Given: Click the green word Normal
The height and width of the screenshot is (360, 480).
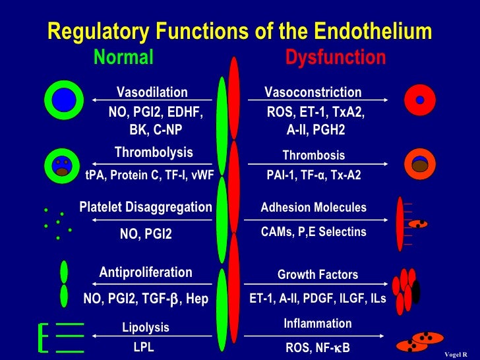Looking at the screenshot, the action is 123,58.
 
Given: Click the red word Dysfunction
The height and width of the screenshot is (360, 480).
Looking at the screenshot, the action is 335,58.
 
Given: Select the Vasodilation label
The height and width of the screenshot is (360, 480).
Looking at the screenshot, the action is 152,92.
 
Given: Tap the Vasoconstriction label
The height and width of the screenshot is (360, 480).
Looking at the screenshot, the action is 313,92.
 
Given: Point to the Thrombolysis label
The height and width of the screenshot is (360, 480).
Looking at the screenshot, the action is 154,152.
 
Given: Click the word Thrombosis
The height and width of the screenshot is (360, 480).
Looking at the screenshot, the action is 313,156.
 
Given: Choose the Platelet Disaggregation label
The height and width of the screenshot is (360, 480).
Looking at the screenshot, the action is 146,207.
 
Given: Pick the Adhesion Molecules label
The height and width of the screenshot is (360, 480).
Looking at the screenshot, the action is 313,208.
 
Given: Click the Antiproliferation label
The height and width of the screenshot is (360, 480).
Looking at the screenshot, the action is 146,272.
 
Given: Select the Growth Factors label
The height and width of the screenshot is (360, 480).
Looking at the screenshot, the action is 318,275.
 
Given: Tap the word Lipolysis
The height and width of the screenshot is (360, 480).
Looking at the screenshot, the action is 146,327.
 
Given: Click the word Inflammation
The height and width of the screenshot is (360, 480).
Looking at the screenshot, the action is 317,324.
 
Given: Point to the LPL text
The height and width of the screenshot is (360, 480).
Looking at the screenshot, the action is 144,347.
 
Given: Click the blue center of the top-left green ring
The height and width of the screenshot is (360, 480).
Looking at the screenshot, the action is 64,100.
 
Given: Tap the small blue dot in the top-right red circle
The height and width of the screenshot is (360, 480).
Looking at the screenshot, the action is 419,100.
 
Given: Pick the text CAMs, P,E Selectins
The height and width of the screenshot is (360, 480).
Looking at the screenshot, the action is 313,232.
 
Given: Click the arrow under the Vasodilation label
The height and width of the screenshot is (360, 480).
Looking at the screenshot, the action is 152,100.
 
